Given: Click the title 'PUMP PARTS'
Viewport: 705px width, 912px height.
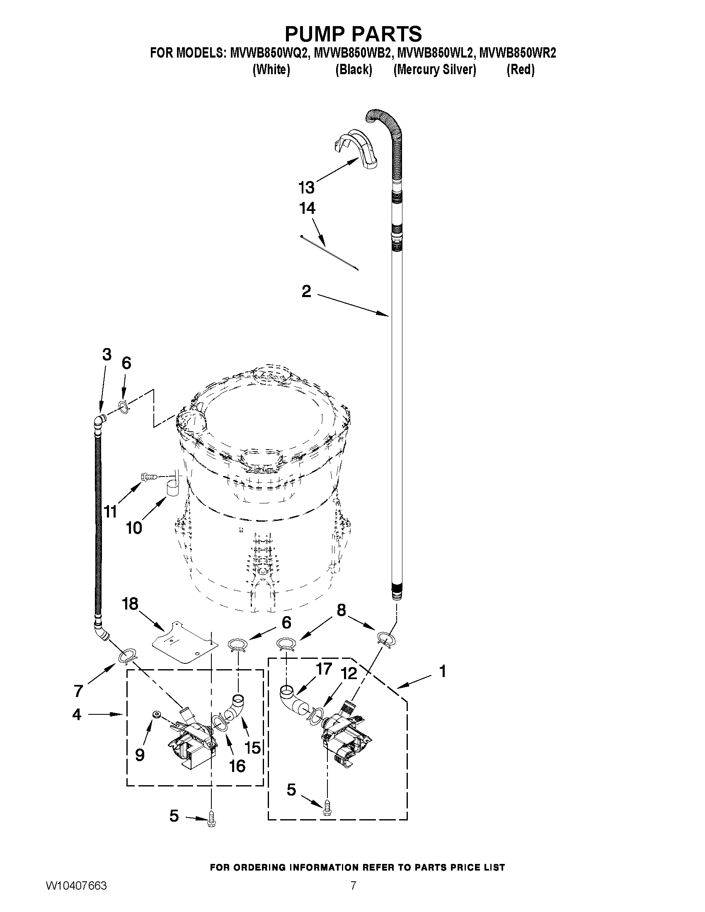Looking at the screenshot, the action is tap(354, 33).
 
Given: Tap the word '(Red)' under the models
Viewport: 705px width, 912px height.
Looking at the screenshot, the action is tap(521, 69).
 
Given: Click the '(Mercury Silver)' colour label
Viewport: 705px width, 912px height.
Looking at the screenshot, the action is tap(434, 69).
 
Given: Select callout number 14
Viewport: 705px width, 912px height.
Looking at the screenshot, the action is tap(307, 208).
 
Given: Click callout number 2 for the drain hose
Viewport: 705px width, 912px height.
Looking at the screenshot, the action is tap(306, 291).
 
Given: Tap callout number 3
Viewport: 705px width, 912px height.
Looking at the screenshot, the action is tap(107, 355).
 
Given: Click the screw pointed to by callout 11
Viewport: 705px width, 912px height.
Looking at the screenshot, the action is tap(149, 476).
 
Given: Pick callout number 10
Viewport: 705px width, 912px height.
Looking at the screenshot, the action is tap(133, 528).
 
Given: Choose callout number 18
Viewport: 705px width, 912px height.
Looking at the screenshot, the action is tap(130, 603).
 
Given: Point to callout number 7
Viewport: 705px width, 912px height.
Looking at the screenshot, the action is tap(78, 691).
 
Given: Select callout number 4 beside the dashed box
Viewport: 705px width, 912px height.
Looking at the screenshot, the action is tap(76, 714).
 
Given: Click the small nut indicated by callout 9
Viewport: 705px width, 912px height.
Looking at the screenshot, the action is tap(157, 714).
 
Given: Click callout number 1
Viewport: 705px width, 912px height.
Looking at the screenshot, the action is tap(443, 671).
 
